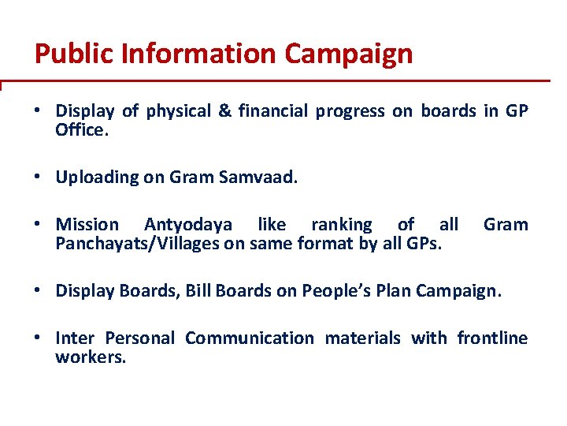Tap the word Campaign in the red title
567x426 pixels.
348,54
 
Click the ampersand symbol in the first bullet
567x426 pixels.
224,111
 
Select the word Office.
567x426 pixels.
80,129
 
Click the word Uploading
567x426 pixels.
97,177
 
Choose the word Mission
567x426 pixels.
87,225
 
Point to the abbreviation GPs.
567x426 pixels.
423,243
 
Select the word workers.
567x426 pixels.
91,357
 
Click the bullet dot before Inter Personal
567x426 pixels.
39,338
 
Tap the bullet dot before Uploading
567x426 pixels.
39,177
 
